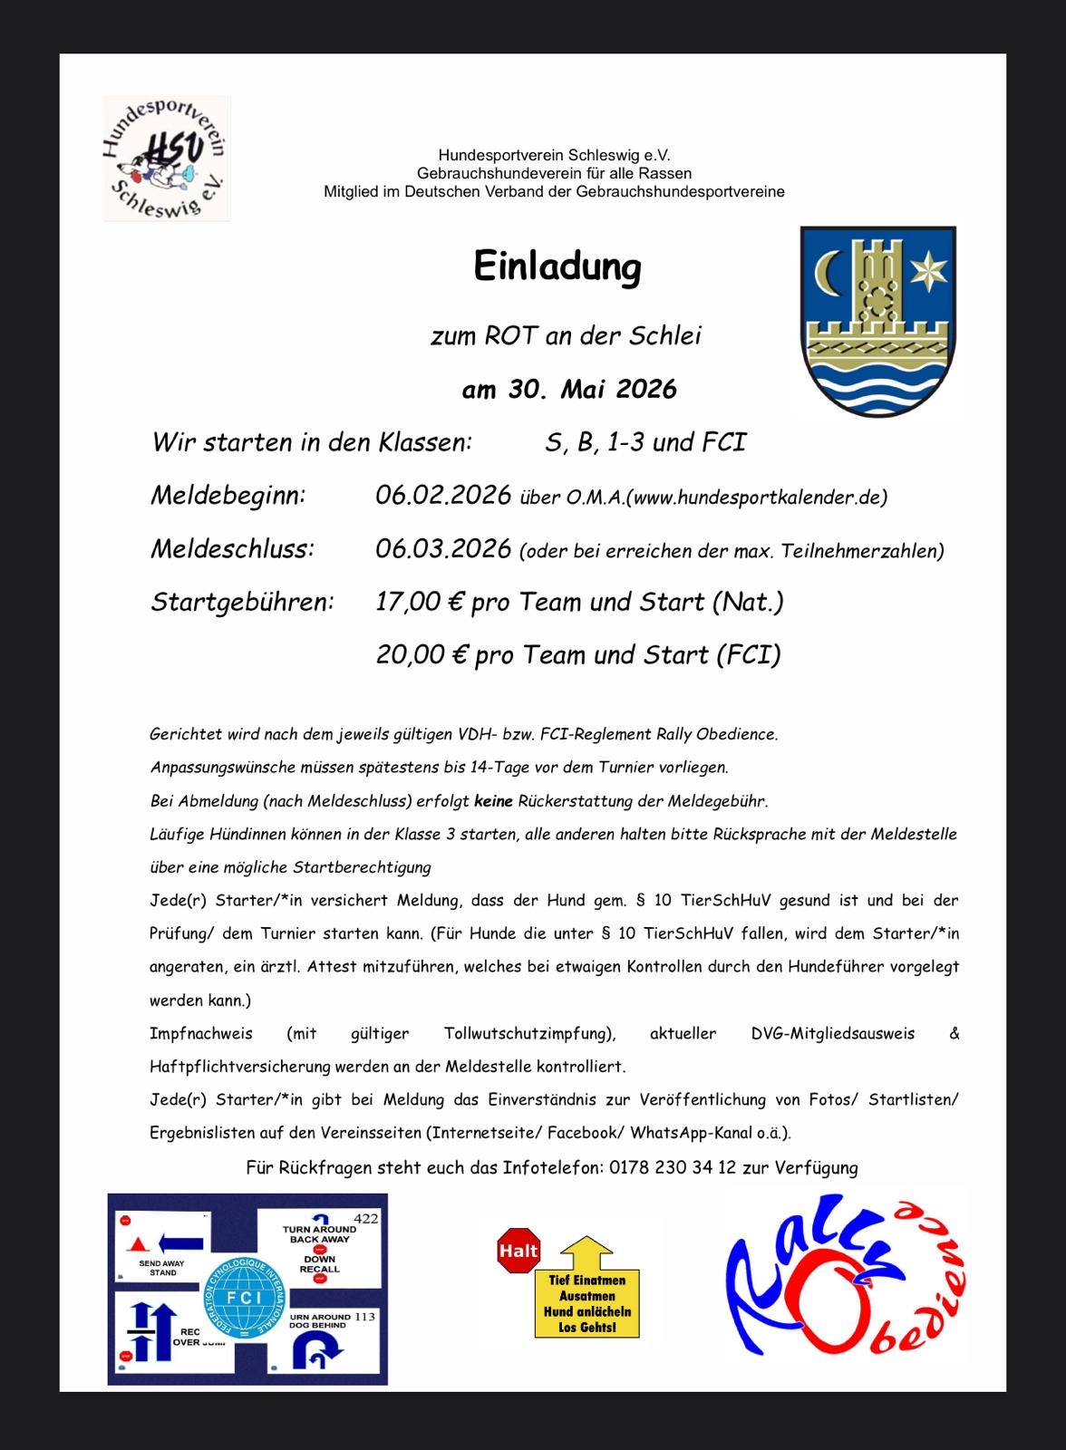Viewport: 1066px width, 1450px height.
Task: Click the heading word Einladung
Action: [x=557, y=267]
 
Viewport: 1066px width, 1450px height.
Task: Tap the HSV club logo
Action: [x=167, y=159]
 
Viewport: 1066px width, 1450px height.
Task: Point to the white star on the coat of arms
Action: [x=928, y=270]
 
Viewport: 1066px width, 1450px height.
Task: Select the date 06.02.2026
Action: [x=443, y=496]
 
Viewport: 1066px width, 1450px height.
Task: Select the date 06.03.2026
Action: [x=443, y=549]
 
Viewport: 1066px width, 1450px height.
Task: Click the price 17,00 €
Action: [x=420, y=602]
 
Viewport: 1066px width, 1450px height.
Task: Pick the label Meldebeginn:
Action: [x=228, y=496]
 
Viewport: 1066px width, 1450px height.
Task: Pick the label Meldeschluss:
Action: [x=232, y=549]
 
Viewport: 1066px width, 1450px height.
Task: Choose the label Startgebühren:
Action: [x=242, y=602]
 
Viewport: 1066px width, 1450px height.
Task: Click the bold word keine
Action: [x=493, y=801]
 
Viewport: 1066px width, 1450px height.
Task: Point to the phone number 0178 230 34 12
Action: [x=673, y=1167]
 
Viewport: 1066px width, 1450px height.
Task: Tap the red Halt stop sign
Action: [x=518, y=1252]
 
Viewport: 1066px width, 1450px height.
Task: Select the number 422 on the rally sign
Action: [x=365, y=1219]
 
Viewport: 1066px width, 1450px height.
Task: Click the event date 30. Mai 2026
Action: [x=569, y=390]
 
